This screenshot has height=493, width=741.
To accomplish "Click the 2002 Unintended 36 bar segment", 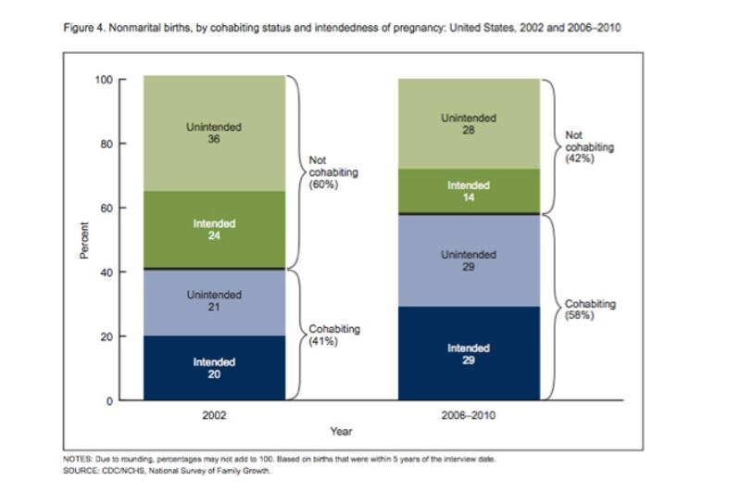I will point(214,134).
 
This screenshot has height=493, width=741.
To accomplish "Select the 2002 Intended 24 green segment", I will point(214,230).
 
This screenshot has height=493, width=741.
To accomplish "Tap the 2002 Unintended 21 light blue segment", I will point(214,301).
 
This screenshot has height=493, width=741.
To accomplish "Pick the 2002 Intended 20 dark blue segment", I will point(214,368).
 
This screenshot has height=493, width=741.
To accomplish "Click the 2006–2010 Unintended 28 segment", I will point(468,124).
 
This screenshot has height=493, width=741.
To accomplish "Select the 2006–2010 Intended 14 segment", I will point(468,191).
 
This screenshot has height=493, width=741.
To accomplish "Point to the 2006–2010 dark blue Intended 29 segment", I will point(468,353).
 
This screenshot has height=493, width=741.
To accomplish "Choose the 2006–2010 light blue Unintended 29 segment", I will point(468,260).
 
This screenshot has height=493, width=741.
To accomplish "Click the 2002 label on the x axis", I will point(214,415).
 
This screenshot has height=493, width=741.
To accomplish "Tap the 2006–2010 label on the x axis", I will point(468,415).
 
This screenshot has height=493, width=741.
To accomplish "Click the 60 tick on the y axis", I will point(107,208).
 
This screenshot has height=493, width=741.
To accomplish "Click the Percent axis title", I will point(84,240).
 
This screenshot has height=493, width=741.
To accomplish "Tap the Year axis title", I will point(341,431).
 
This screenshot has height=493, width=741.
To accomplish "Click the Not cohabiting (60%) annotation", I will point(333,172).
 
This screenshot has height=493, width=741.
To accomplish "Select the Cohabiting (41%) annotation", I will point(334,335).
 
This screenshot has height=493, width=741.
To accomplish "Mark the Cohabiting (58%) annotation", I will point(589,310).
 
